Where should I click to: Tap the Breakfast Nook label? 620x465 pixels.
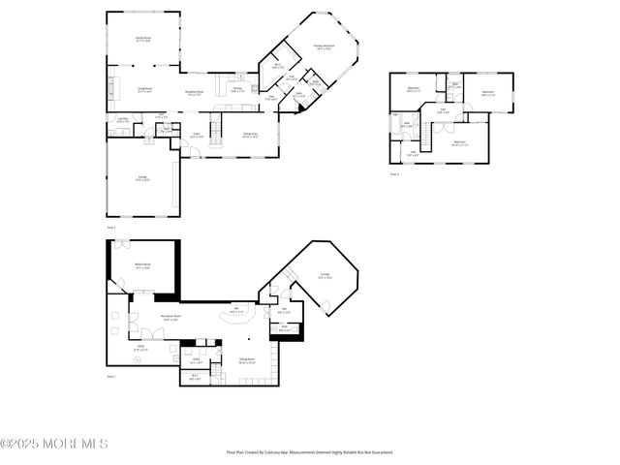coord(194,93)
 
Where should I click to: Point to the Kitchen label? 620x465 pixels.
coord(236,89)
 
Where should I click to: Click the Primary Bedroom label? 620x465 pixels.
coord(324,46)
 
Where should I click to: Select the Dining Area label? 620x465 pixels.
coord(250,136)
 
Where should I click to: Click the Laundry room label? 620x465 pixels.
coord(123,119)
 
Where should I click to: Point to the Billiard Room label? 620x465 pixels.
coord(142,265)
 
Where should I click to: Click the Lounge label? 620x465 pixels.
coord(325,276)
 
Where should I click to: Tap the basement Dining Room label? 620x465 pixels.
coord(247,360)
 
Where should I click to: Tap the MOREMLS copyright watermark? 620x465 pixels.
coord(54,444)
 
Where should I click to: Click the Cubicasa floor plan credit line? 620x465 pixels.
coord(310,451)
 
